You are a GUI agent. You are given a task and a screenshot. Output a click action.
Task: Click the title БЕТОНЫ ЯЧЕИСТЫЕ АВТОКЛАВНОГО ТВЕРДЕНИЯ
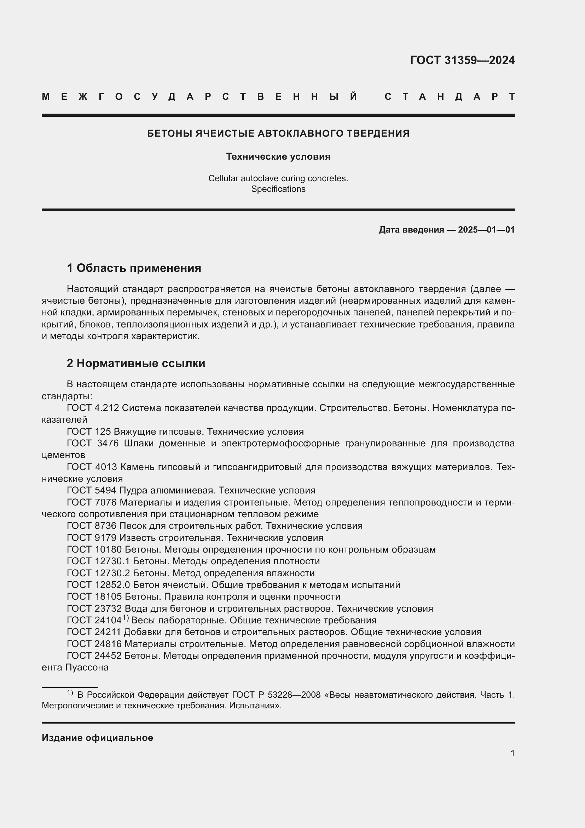coord(278,133)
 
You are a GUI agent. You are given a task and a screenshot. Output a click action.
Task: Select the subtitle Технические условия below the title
coord(278,156)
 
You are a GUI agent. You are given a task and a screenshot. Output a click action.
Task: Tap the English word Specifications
coord(278,189)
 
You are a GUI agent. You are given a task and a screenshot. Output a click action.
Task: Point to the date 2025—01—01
coord(486,230)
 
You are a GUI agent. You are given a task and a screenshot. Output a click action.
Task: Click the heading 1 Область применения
coord(134,268)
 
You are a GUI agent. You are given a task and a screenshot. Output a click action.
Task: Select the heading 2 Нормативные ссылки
coord(136,363)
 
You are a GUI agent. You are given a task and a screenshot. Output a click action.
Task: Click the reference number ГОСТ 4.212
coord(93,408)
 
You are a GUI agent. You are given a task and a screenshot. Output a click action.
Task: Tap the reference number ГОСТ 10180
coord(94,550)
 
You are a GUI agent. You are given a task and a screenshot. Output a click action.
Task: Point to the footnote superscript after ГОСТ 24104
coord(125,618)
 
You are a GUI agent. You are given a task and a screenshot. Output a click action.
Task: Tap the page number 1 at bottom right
coord(512,753)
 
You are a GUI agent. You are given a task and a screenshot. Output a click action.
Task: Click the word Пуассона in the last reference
coord(87,668)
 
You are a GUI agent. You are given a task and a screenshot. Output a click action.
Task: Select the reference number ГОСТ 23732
coord(94,609)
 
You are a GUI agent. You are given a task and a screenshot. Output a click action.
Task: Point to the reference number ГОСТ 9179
coord(92,538)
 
